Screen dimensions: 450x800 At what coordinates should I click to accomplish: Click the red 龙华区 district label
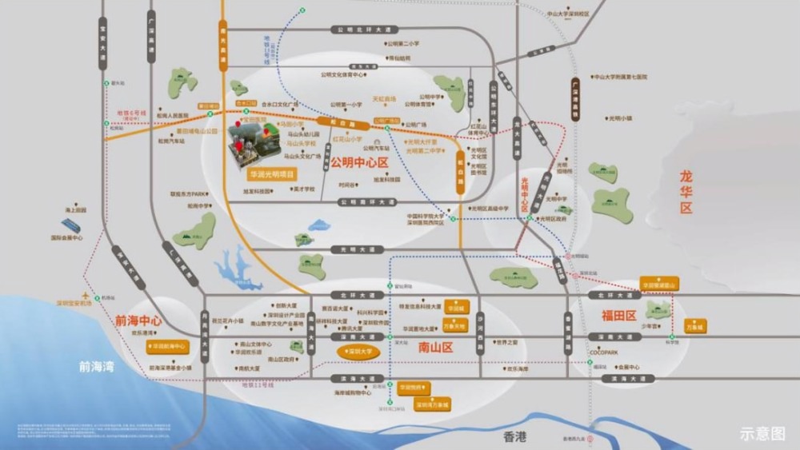[686, 193]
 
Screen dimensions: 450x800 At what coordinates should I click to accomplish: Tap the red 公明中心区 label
[359, 163]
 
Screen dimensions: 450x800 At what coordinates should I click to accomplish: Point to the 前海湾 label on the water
[96, 366]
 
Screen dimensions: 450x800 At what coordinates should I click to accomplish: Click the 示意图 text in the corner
[762, 433]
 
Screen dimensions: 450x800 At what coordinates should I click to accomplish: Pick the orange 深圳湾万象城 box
[433, 404]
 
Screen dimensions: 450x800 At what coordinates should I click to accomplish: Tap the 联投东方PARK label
[189, 193]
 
